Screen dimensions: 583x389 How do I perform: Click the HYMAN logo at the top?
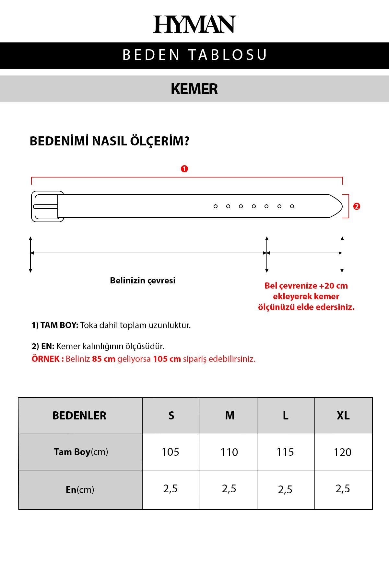pyautogui.click(x=194, y=24)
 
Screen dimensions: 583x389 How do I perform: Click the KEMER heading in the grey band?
pyautogui.click(x=194, y=89)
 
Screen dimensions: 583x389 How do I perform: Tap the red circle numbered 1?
pyautogui.click(x=184, y=169)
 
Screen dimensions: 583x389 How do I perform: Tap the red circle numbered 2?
pyautogui.click(x=357, y=206)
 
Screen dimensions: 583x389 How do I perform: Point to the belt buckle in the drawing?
pyautogui.click(x=47, y=206)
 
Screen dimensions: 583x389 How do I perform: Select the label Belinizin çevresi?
pyautogui.click(x=143, y=280)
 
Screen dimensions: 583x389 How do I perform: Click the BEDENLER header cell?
pyautogui.click(x=79, y=416)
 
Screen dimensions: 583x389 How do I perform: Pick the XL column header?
pyautogui.click(x=343, y=416)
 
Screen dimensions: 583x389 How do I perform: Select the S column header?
pyautogui.click(x=171, y=416)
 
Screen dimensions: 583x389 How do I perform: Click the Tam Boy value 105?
pyautogui.click(x=171, y=452)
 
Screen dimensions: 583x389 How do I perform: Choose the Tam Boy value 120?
pyautogui.click(x=343, y=452)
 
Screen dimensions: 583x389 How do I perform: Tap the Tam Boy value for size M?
pyautogui.click(x=229, y=452)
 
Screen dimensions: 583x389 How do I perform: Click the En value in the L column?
pyautogui.click(x=285, y=489)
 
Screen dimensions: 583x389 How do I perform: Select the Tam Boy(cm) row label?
pyautogui.click(x=81, y=452)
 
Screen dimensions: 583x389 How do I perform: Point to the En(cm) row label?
pyautogui.click(x=80, y=489)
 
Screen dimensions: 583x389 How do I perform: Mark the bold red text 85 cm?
pyautogui.click(x=104, y=359)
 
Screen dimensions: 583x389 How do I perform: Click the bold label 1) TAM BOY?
pyautogui.click(x=55, y=325)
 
